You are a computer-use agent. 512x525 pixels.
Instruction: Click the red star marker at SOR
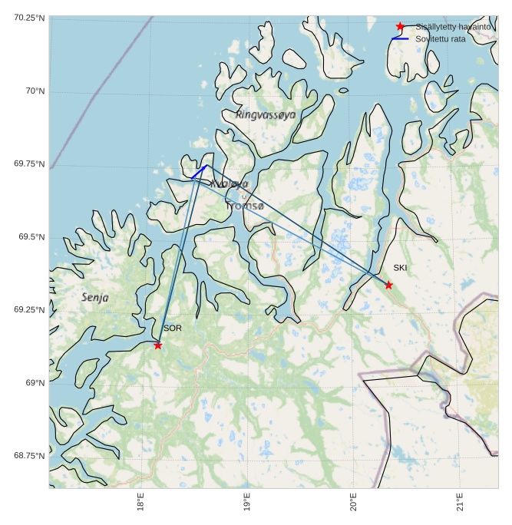point(158,345)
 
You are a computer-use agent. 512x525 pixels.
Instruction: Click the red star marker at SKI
point(388,286)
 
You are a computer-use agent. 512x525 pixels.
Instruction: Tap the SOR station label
point(172,329)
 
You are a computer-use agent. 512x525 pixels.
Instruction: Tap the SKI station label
point(400,268)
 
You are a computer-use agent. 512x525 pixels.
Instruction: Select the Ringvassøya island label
point(266,114)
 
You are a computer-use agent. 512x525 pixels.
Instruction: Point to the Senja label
point(95,297)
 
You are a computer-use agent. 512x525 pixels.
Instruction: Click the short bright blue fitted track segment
point(200,172)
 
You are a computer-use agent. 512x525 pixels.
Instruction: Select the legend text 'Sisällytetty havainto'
point(453,26)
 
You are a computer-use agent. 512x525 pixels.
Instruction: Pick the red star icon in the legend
point(400,27)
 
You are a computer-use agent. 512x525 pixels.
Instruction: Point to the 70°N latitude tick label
point(33,91)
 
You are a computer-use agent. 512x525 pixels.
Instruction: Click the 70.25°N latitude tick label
point(29,18)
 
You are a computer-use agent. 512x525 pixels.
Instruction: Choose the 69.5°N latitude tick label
point(31,237)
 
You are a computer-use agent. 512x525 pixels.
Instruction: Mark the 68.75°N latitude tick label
point(29,456)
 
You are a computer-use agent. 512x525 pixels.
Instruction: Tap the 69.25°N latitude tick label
point(29,310)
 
